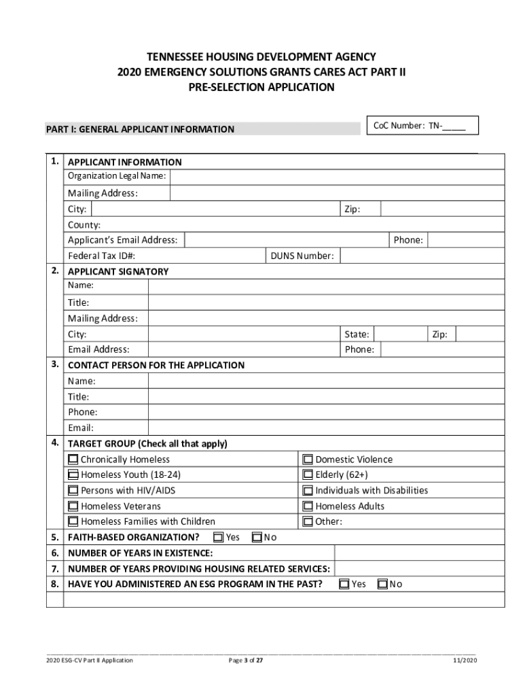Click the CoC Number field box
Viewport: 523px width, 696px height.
pos(422,126)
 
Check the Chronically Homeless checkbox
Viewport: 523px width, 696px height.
pos(73,459)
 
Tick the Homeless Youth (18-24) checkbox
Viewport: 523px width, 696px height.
pos(73,475)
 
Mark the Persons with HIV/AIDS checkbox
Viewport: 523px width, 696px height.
pos(73,491)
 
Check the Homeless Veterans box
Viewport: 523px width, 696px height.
pos(73,506)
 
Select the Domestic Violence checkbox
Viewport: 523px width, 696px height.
pos(308,459)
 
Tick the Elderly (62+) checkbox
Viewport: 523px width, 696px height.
pos(308,475)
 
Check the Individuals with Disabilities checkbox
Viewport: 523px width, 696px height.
pos(308,491)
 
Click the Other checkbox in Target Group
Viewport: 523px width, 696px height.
pos(308,522)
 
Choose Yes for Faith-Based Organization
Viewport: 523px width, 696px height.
pos(219,538)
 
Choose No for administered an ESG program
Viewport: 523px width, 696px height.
pos(382,584)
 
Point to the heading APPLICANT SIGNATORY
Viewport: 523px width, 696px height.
pos(118,271)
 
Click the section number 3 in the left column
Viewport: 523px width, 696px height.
pos(54,364)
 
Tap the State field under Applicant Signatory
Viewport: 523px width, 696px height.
pos(401,334)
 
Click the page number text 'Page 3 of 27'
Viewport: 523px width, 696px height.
pos(245,660)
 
